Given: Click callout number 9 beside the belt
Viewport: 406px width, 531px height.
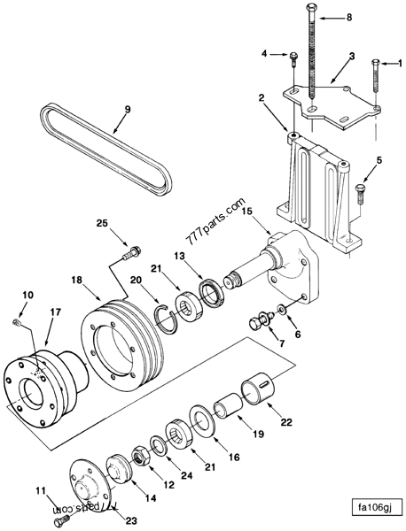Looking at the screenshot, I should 127,110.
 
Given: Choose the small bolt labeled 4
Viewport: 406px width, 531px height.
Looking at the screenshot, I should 293,60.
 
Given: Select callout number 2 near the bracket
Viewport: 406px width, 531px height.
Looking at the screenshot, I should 262,97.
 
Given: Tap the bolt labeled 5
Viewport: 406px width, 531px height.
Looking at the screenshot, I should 359,192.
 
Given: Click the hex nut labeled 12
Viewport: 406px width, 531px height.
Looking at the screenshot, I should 141,455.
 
